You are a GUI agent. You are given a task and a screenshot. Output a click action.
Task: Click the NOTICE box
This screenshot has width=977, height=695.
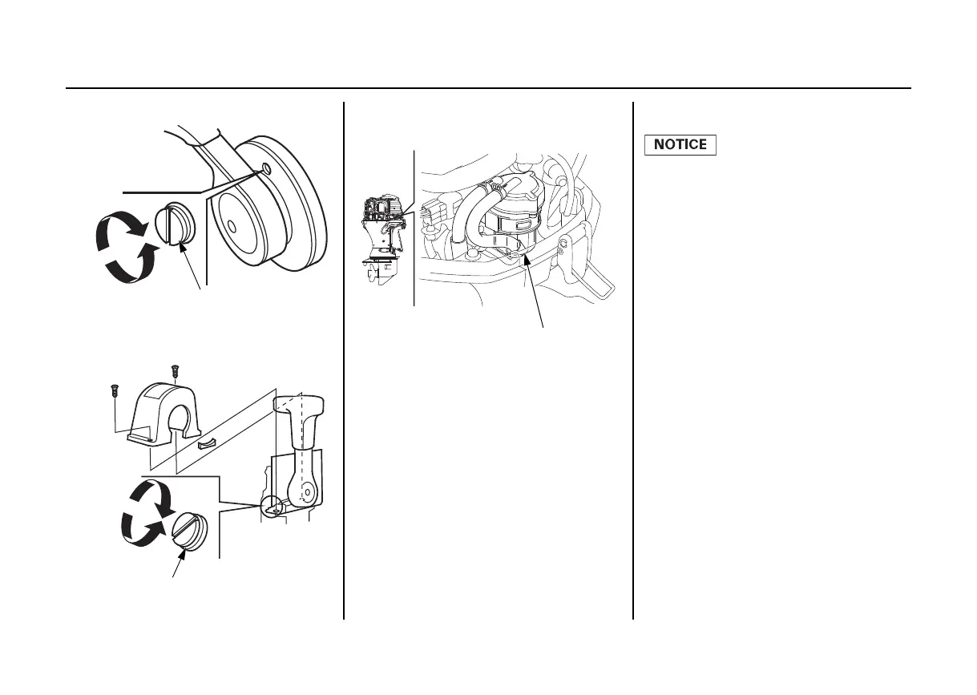point(680,145)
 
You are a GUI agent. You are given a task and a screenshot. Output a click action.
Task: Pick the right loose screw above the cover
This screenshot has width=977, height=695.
point(175,371)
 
